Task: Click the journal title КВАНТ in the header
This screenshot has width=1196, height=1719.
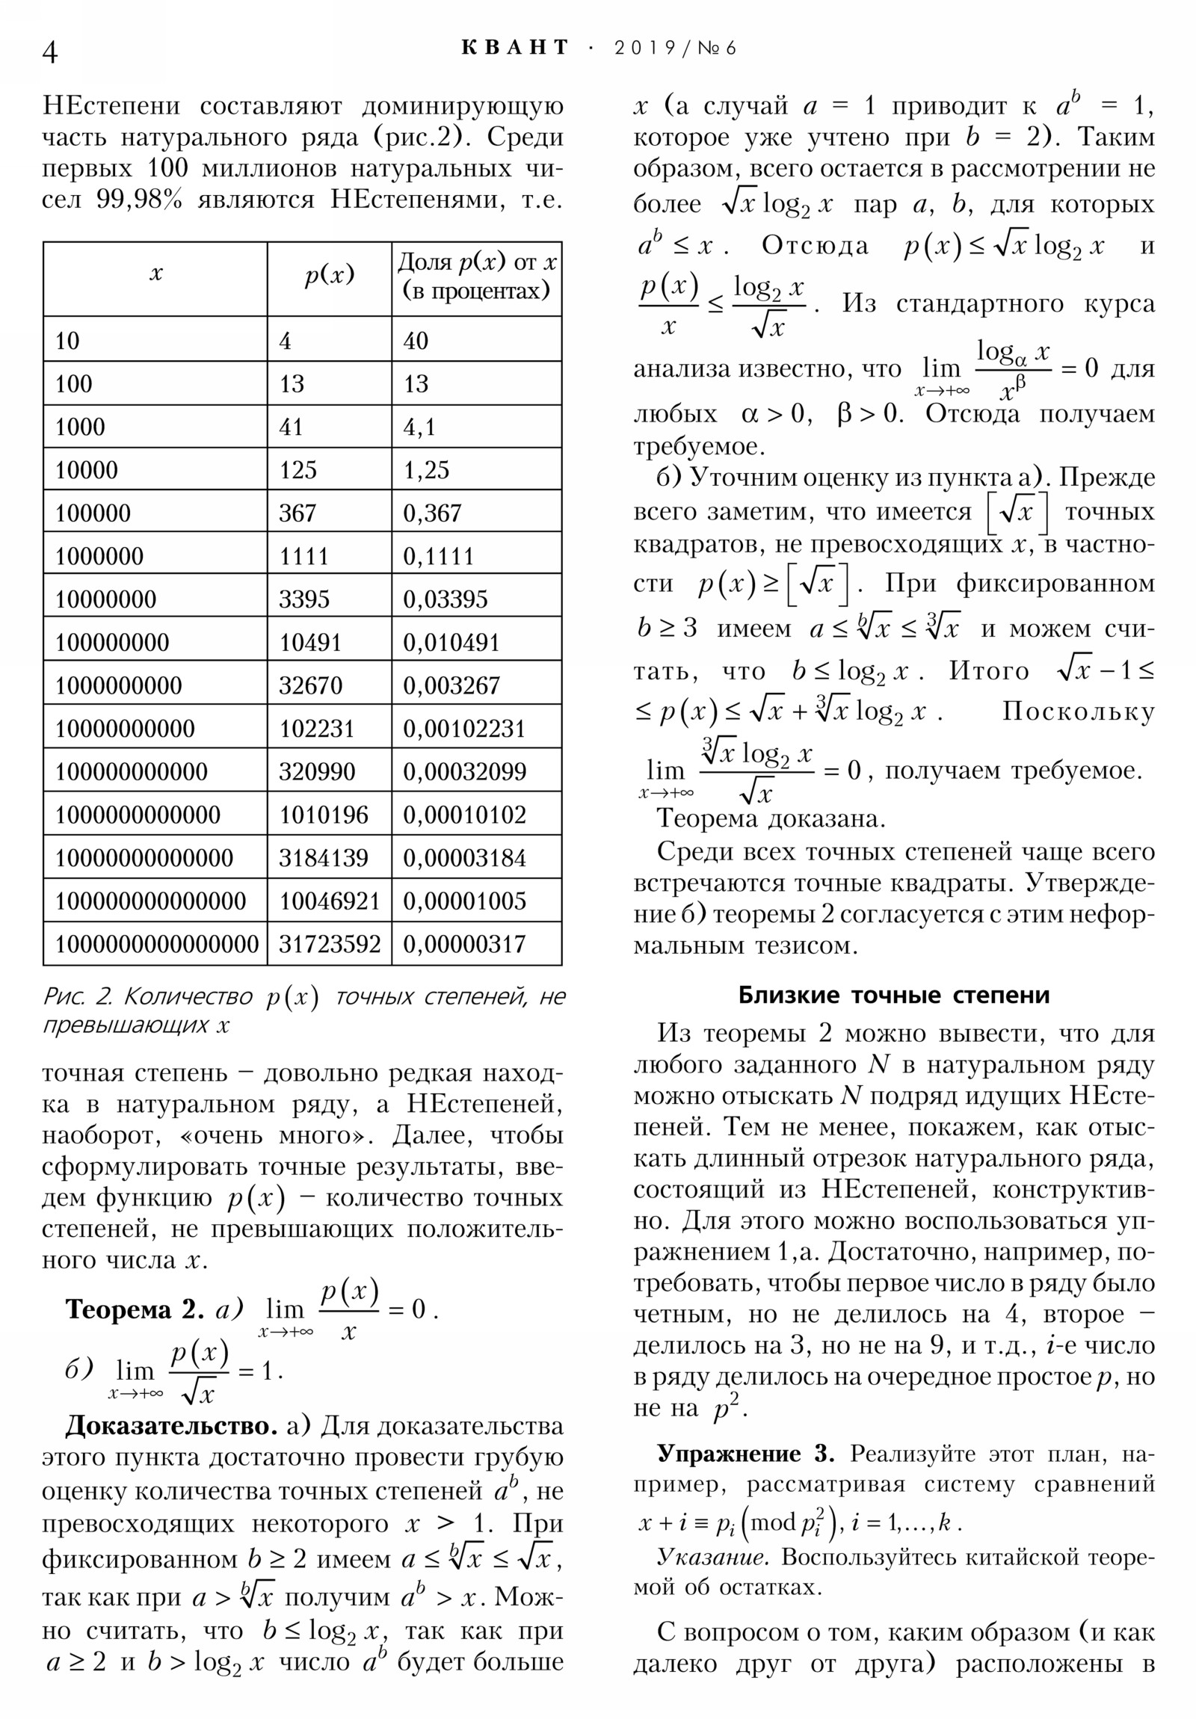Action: pyautogui.click(x=515, y=48)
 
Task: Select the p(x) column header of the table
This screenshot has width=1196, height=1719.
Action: pyautogui.click(x=329, y=276)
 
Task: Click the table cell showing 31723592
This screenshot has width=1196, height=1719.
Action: pyautogui.click(x=330, y=944)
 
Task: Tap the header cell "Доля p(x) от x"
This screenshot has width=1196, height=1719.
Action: pyautogui.click(x=476, y=276)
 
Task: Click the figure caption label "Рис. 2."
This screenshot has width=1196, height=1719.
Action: pyautogui.click(x=77, y=996)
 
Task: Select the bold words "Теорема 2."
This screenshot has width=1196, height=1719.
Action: pyautogui.click(x=134, y=1309)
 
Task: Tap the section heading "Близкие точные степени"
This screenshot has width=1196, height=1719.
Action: pyautogui.click(x=893, y=994)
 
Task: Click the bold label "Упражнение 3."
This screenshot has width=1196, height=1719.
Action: pyautogui.click(x=745, y=1453)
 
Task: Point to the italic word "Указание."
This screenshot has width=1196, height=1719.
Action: pyautogui.click(x=712, y=1557)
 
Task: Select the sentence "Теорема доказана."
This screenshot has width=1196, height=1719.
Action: pyautogui.click(x=771, y=818)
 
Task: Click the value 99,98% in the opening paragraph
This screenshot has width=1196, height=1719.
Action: pyautogui.click(x=139, y=200)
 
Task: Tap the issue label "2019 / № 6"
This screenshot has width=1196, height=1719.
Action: pyautogui.click(x=675, y=48)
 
